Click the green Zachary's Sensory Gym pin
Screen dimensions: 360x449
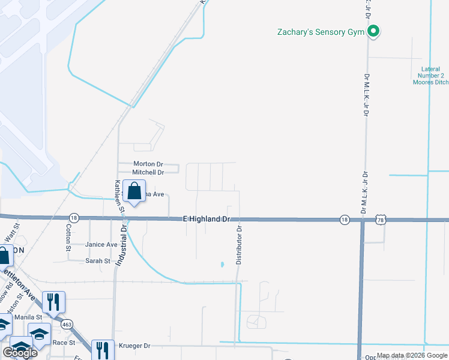tap(373, 31)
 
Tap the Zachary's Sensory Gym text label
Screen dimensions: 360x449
tap(321, 32)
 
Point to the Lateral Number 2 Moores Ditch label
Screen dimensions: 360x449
tap(430, 76)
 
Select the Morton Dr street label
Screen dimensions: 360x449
tap(148, 164)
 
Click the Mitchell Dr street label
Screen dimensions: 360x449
tap(148, 172)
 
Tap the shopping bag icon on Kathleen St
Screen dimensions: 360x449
tap(134, 191)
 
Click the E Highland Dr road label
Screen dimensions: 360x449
tap(206, 220)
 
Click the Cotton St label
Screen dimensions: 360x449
tap(68, 238)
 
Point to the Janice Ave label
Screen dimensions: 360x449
tap(101, 244)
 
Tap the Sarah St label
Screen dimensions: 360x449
tap(98, 261)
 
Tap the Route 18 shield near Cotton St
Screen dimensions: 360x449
tap(74, 218)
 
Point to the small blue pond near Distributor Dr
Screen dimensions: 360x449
tap(222, 263)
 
